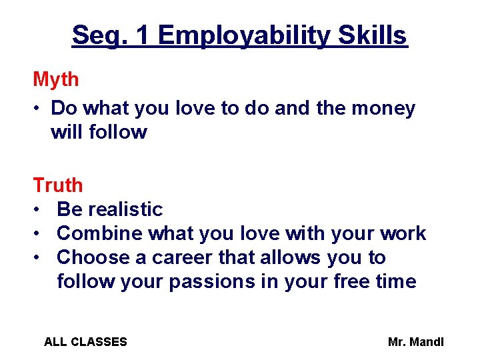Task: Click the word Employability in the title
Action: coord(243,35)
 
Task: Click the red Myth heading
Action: coord(56,80)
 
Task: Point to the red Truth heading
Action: coord(58,185)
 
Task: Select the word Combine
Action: coord(100,233)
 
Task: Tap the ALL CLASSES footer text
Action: coord(85,342)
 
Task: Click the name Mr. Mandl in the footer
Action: coord(415,342)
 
